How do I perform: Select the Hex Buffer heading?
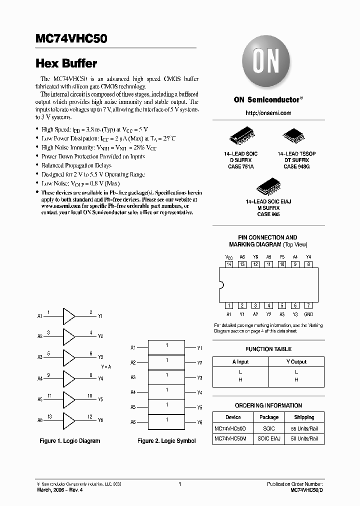click(x=66, y=64)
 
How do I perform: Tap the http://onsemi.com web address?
click(x=268, y=113)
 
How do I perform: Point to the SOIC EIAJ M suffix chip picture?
click(x=267, y=185)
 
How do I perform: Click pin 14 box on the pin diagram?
click(x=229, y=264)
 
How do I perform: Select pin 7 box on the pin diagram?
click(x=308, y=305)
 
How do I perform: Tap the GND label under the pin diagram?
click(x=308, y=314)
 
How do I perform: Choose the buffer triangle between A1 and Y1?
click(x=68, y=316)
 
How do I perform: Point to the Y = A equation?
click(x=106, y=367)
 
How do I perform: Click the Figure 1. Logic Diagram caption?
click(x=70, y=441)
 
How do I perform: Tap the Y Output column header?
click(x=296, y=361)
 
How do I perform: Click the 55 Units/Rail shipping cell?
click(x=304, y=428)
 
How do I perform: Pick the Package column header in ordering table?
click(x=269, y=417)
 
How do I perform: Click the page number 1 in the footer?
click(x=179, y=484)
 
